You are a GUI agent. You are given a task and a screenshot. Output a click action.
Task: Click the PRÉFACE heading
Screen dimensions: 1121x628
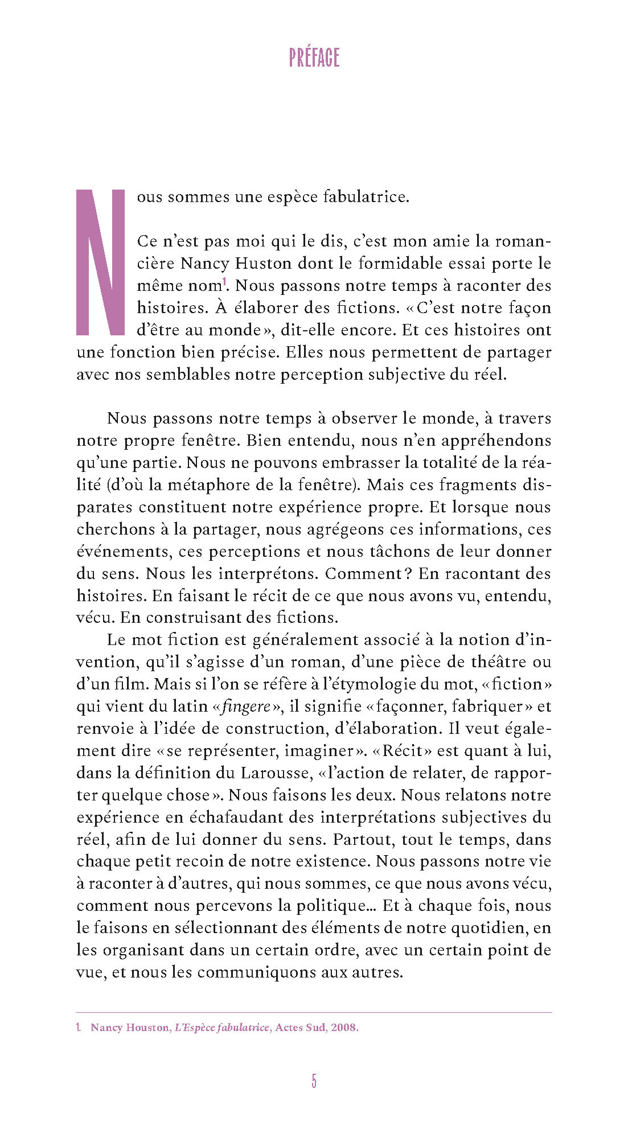pyautogui.click(x=314, y=58)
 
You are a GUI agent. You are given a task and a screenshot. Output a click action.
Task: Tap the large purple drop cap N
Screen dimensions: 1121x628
pyautogui.click(x=100, y=262)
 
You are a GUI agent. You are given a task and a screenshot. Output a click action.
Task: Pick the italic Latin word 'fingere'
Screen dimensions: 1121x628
pyautogui.click(x=246, y=707)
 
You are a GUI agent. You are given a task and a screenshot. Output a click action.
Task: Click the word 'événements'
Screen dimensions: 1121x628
pyautogui.click(x=124, y=552)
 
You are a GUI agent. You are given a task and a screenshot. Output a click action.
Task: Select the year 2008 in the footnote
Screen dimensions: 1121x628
pyautogui.click(x=344, y=1028)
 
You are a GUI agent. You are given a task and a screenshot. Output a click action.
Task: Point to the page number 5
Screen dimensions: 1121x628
pyautogui.click(x=314, y=1081)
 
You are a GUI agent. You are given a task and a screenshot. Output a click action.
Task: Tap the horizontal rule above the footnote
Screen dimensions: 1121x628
pyautogui.click(x=314, y=1013)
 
